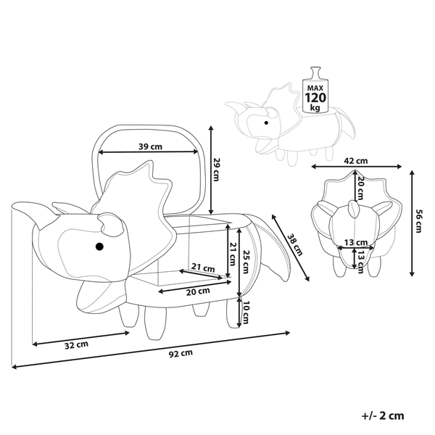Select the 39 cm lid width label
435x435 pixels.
[149, 146]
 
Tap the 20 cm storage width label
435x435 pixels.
[188, 292]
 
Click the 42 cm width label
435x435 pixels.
[355, 161]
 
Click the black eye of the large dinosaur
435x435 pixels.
[99, 247]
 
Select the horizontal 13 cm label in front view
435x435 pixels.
[353, 242]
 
